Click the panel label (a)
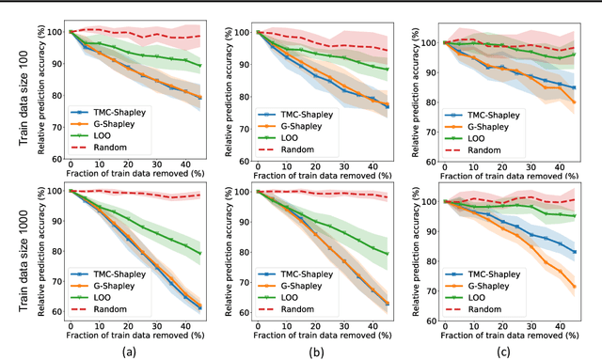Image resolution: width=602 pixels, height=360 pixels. point(130,350)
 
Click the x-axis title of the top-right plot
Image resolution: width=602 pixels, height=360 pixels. point(516,179)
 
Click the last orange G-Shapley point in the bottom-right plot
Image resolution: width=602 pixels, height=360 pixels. point(574,287)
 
